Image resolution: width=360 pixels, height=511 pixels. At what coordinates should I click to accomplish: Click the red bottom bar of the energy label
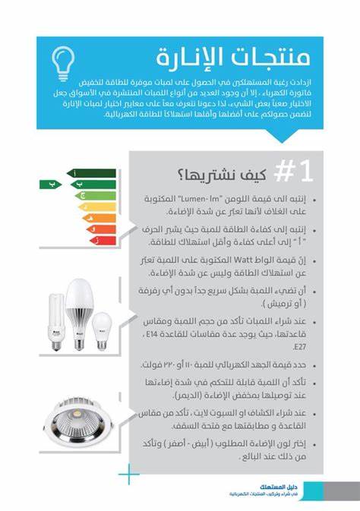pos(104,241)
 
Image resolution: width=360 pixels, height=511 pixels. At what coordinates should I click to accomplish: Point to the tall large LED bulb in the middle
pos(81,312)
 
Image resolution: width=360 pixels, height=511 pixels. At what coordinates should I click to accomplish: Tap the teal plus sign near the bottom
pos(130,475)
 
